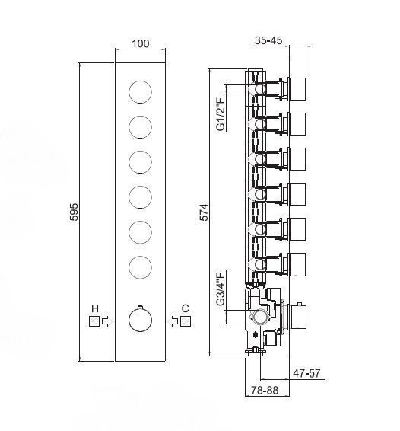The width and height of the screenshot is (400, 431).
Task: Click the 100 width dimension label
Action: [141, 43]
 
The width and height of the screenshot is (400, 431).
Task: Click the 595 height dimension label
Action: [74, 212]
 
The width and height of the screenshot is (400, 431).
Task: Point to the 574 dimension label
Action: [204, 212]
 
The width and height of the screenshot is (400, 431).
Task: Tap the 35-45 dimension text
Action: [268, 40]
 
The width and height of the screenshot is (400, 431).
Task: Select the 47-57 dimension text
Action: [306, 373]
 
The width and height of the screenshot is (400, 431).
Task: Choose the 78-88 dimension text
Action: [265, 391]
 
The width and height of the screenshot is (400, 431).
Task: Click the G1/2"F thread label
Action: [221, 113]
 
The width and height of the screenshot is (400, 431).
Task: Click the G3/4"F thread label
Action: [221, 289]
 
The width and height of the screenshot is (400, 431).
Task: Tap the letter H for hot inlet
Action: [95, 308]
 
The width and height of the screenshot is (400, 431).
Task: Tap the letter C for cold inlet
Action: [186, 308]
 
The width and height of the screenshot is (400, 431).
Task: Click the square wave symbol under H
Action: [94, 321]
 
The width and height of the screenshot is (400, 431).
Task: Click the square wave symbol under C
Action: [186, 321]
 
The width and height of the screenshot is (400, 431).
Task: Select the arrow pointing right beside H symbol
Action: [106, 321]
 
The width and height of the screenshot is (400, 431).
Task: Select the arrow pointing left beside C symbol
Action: [173, 321]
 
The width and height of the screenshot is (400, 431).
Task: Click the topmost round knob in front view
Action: [140, 92]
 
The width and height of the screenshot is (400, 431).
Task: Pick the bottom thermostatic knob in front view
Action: [140, 320]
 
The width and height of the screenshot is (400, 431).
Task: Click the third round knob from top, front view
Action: [140, 162]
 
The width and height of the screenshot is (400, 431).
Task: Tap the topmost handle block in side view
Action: [297, 88]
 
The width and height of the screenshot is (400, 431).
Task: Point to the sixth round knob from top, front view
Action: [140, 267]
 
